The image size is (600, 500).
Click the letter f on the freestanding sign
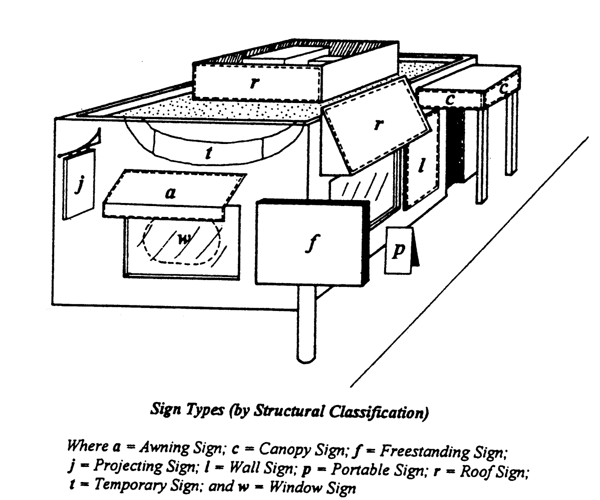(311, 244)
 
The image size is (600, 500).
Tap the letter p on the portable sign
(398, 250)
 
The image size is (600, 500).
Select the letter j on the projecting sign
(78, 185)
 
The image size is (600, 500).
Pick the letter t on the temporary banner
(208, 154)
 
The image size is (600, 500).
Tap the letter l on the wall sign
(422, 165)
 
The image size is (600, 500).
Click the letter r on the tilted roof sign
(379, 125)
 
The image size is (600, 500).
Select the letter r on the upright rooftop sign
(255, 83)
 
